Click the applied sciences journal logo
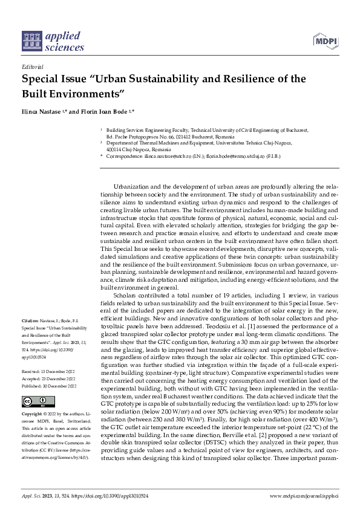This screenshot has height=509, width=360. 53,41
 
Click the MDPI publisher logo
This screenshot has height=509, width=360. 326,41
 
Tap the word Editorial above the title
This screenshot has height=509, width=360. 32,68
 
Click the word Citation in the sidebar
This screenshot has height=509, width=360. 30,319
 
